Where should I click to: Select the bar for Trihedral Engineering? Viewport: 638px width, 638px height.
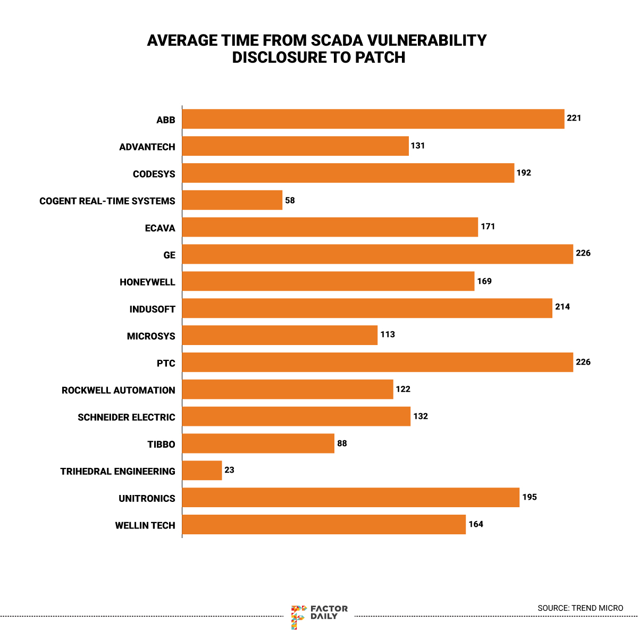(202, 471)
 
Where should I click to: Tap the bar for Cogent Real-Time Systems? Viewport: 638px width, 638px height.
(232, 200)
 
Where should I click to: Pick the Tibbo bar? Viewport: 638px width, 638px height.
(258, 443)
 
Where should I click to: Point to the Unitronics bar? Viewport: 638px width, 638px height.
(351, 498)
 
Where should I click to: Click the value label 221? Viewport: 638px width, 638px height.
(574, 118)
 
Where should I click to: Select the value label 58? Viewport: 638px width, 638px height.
(290, 200)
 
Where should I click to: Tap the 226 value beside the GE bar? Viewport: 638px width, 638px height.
(583, 253)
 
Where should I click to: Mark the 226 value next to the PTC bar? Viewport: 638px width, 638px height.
(583, 362)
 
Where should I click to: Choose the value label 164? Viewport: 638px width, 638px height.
(476, 524)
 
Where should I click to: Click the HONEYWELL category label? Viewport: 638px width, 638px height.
(147, 282)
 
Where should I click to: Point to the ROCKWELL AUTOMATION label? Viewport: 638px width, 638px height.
(118, 390)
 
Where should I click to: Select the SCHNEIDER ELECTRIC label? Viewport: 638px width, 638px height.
(126, 417)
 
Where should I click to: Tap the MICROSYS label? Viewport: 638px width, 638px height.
(151, 336)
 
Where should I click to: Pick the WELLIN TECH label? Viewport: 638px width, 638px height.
(145, 525)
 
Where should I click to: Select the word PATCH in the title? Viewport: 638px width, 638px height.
(380, 57)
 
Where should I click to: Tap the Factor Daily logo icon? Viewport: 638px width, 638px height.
(299, 616)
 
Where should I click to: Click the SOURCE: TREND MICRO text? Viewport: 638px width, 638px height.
(580, 608)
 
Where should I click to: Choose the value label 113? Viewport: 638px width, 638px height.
(388, 334)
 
